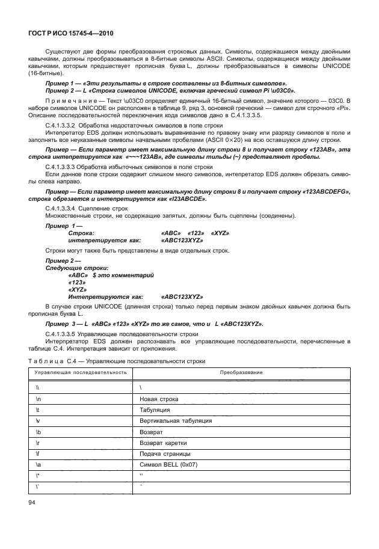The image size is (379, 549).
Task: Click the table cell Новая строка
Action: click(x=158, y=399)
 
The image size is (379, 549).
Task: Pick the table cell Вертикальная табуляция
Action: click(x=175, y=420)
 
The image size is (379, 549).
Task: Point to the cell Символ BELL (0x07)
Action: click(x=168, y=464)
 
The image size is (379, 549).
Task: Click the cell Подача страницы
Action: click(x=165, y=453)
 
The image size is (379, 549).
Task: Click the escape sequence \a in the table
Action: click(x=39, y=464)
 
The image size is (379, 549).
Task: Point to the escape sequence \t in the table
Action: click(x=38, y=409)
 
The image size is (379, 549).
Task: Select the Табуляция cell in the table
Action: click(x=155, y=409)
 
